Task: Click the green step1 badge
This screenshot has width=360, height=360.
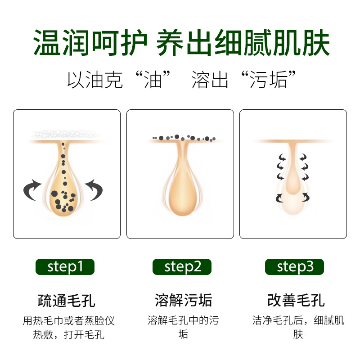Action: (65, 267)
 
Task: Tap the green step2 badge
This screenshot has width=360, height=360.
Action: (182, 267)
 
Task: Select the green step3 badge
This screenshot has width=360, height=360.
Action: (294, 267)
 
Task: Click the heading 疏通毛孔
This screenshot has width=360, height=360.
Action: (66, 301)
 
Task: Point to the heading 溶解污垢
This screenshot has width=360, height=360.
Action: (183, 300)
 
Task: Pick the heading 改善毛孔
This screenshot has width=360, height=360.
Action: (296, 300)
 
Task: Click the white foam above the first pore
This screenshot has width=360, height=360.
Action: (65, 134)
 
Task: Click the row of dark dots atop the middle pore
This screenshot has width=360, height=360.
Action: (184, 138)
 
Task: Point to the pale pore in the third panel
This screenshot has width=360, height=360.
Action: (293, 179)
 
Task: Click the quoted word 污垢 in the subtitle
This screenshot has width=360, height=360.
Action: (268, 80)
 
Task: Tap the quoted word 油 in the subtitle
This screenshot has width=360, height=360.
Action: (153, 80)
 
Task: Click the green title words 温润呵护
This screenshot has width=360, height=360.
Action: (90, 43)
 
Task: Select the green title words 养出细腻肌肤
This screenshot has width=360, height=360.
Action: (243, 43)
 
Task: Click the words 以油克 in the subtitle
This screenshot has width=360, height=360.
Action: (95, 80)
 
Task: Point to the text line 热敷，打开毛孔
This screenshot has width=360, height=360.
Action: (69, 334)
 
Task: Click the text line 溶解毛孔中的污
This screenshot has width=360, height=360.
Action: (183, 320)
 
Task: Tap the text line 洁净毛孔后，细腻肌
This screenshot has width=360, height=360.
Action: (298, 320)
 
